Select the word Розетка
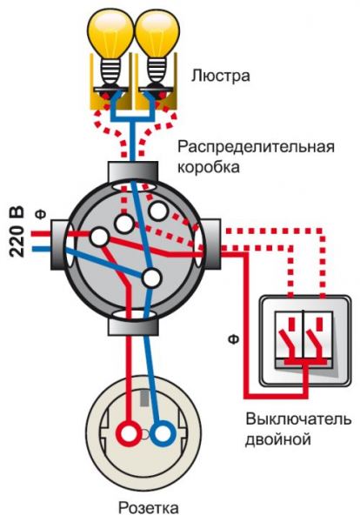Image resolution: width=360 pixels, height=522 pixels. [149, 507]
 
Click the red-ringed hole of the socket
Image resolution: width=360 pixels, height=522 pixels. [130, 432]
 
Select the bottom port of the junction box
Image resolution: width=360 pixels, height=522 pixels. [131, 325]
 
